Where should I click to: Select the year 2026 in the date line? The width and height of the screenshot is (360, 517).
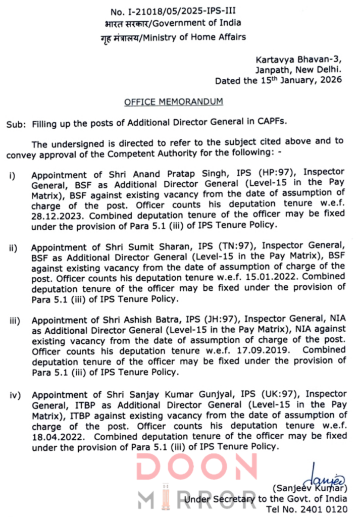[330, 80]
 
